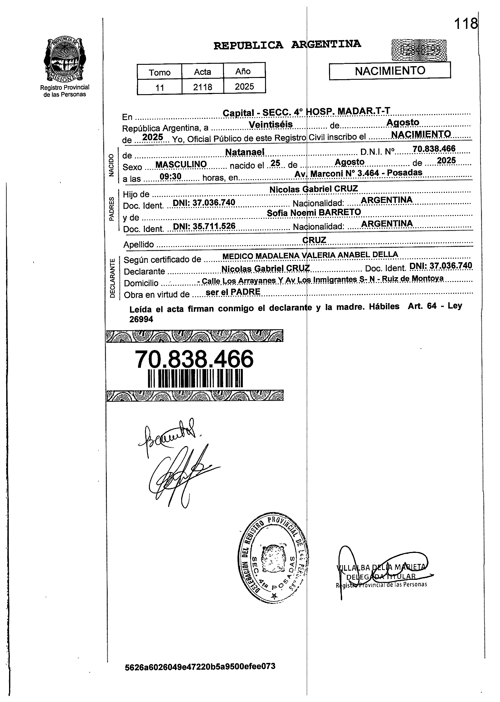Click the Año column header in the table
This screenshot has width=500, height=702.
click(243, 71)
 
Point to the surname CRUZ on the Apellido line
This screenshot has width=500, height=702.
click(314, 240)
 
